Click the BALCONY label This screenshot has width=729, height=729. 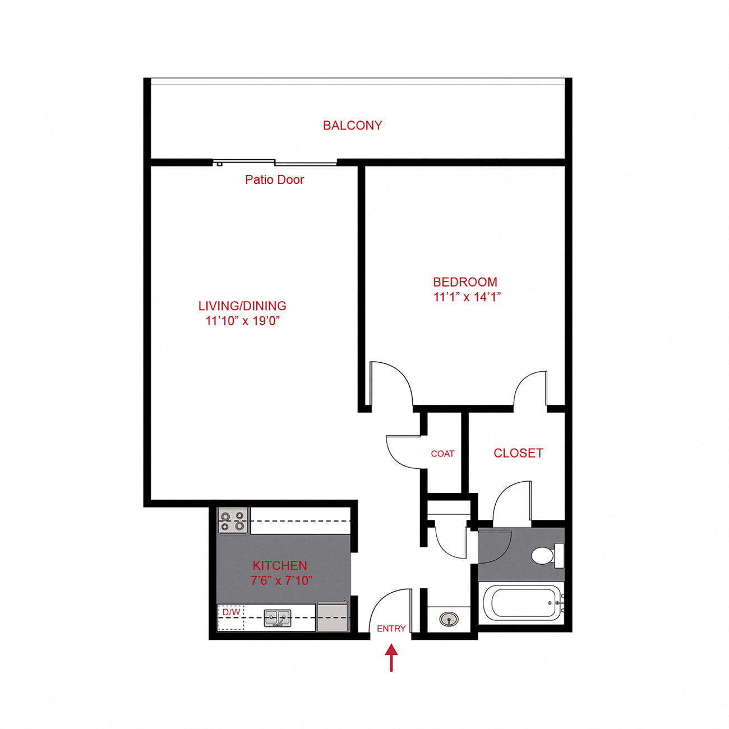pyautogui.click(x=352, y=125)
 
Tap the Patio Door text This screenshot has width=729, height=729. pyautogui.click(x=274, y=179)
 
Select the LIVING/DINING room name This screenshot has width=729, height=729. pyautogui.click(x=242, y=306)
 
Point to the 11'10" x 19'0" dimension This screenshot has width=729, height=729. pyautogui.click(x=242, y=321)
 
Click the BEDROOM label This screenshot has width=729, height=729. pyautogui.click(x=465, y=282)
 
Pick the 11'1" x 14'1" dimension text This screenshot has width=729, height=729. pyautogui.click(x=467, y=297)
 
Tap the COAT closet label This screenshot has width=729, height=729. pyautogui.click(x=442, y=454)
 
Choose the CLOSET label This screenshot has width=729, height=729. pyautogui.click(x=518, y=453)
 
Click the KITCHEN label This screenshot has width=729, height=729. pyautogui.click(x=280, y=566)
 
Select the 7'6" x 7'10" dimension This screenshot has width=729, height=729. pyautogui.click(x=282, y=580)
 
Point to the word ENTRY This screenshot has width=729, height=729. pyautogui.click(x=391, y=629)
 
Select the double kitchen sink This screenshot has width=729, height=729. pyautogui.click(x=277, y=619)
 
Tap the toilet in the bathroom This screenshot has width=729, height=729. pyautogui.click(x=547, y=555)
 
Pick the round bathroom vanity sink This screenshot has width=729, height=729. pyautogui.click(x=449, y=619)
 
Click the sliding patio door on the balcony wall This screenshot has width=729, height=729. pyautogui.click(x=275, y=163)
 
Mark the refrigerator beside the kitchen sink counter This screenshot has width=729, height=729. pyautogui.click(x=332, y=617)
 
